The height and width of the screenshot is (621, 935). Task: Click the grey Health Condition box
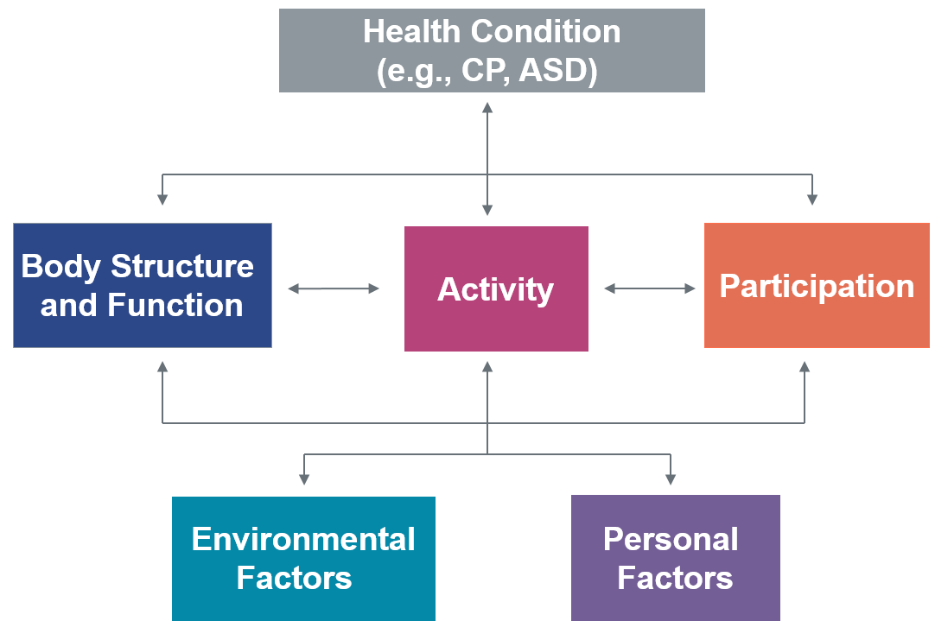point(492,50)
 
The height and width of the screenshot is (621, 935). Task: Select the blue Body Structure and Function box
point(143,285)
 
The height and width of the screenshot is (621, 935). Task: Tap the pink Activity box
point(496,288)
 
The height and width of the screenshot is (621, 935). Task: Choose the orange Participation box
point(817,285)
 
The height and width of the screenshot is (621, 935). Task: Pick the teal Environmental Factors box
point(303,558)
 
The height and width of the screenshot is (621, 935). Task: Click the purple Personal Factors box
point(675,558)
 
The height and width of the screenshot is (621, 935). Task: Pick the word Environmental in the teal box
point(303,539)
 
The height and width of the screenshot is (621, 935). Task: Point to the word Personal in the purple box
point(671,539)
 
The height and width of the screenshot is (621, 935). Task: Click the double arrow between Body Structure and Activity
point(334,288)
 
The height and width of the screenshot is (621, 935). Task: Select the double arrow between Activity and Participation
point(650,288)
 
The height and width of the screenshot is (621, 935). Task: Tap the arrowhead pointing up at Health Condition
point(487,107)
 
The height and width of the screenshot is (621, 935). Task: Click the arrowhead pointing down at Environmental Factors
point(303,478)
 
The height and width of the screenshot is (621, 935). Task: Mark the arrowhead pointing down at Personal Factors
point(671,478)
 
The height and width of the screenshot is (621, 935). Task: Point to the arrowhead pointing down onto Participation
point(811,200)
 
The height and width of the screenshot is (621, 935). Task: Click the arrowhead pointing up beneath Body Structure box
point(162,367)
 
